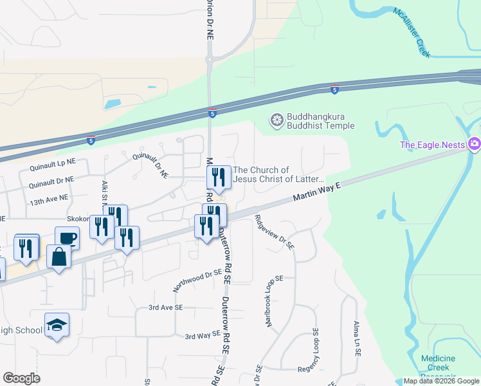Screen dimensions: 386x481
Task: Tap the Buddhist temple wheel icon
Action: [277, 120]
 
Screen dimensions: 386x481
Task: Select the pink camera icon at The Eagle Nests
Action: [475, 143]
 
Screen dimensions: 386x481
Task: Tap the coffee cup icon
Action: [68, 238]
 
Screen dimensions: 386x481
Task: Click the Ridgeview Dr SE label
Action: [275, 232]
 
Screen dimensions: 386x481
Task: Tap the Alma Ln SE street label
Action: [356, 339]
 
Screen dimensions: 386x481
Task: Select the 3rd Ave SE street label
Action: [166, 308]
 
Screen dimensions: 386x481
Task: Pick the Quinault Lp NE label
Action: [52, 166]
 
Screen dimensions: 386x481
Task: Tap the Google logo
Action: [21, 378]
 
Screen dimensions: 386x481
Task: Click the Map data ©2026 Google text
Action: [442, 381]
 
